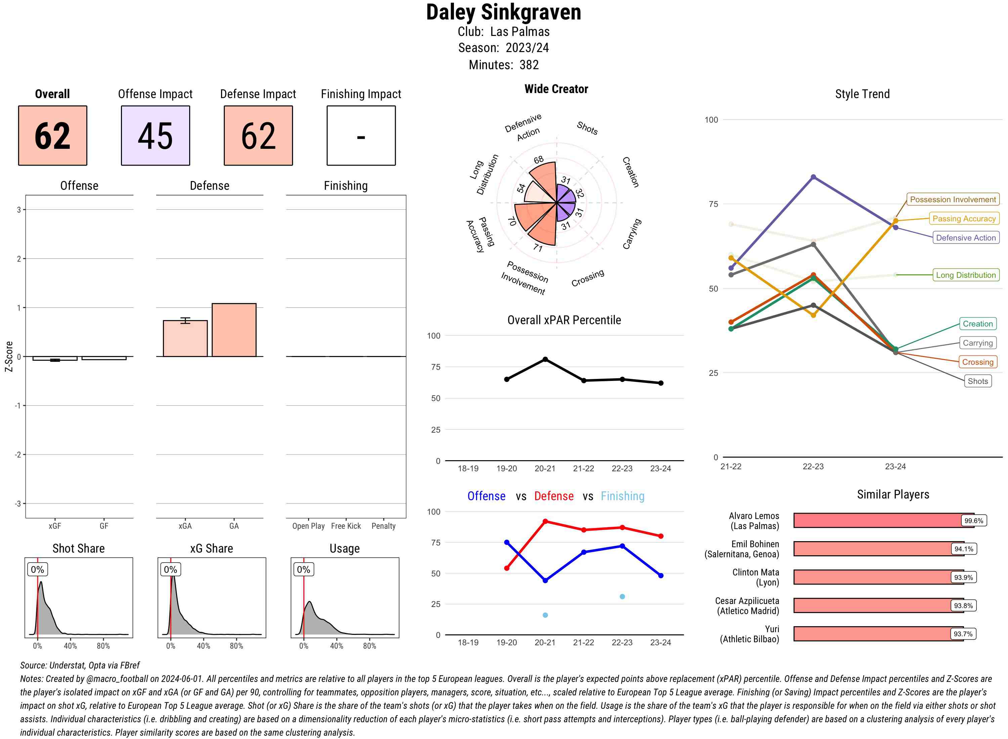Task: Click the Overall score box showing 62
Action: (52, 136)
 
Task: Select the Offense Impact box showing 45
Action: (155, 136)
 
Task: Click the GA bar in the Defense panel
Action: (234, 330)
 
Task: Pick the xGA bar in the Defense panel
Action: (185, 339)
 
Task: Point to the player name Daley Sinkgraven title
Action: (503, 12)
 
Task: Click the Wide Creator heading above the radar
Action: (556, 89)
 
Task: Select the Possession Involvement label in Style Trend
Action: (953, 200)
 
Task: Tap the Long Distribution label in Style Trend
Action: (966, 275)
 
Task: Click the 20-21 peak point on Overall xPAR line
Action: (545, 359)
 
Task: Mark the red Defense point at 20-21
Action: (545, 522)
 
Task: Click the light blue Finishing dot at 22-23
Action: (622, 596)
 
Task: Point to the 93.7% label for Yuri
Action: (963, 634)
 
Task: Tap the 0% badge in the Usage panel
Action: (303, 569)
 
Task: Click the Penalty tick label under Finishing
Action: (383, 526)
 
